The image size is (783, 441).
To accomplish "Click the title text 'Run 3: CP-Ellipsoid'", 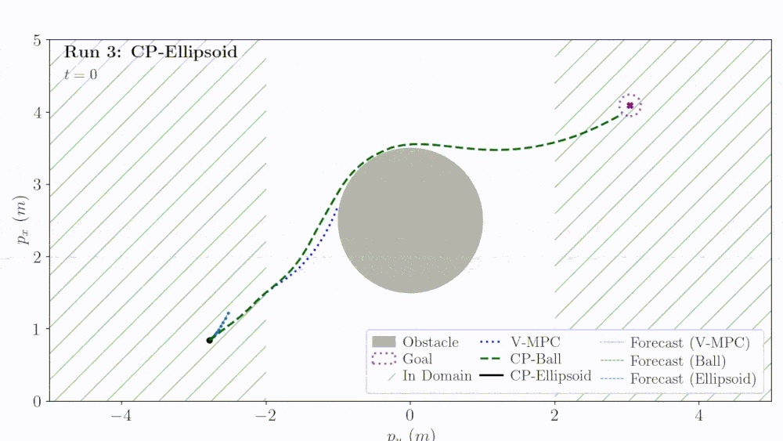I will pos(150,52).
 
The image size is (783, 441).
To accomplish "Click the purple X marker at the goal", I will pos(630,105).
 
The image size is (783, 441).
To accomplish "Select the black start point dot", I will pos(209,340).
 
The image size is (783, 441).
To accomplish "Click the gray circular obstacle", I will pos(410,221).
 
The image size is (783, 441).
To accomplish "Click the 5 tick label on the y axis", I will pos(36,40).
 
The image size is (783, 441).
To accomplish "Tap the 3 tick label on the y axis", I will pos(36,185).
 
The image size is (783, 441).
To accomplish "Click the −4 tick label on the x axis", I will pos(121,416).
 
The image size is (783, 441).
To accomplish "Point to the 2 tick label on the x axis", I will pos(554,416).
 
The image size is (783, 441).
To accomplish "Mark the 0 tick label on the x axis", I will pos(410,416).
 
